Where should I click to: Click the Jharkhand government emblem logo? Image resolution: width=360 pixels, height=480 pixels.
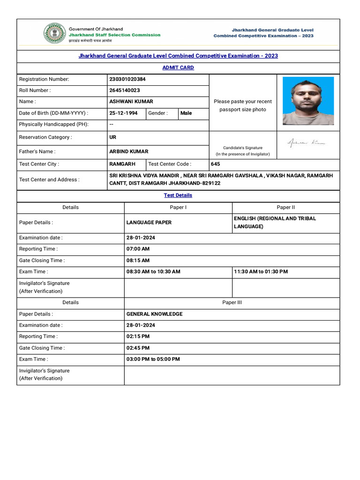pos(55,33)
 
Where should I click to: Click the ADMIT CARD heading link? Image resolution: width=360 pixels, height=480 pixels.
pos(178,67)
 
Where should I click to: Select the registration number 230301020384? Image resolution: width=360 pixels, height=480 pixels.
pos(127,79)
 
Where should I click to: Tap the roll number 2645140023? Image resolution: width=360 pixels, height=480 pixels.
pos(124,90)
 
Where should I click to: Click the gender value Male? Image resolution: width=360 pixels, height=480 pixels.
pos(186,113)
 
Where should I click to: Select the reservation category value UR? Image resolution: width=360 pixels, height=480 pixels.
pos(112,137)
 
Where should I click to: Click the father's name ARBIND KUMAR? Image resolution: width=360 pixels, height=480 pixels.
pos(129,151)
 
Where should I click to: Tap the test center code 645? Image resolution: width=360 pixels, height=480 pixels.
pos(215,164)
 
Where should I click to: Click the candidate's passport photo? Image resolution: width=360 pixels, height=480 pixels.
pos(308,101)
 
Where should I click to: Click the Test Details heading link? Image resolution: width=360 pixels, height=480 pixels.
pos(178,195)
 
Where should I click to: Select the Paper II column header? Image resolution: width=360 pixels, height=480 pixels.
pos(286,207)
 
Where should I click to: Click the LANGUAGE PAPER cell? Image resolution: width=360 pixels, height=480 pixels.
pos(149,222)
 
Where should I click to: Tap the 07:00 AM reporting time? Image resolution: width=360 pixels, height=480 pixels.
pos(138,249)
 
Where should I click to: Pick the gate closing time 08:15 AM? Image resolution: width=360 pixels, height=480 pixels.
pos(138,260)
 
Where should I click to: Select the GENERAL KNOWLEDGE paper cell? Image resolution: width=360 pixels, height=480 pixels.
pos(154,314)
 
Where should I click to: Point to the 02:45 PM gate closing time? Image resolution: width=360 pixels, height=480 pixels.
pos(138,348)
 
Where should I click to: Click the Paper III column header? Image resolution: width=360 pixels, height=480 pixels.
pos(232,302)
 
